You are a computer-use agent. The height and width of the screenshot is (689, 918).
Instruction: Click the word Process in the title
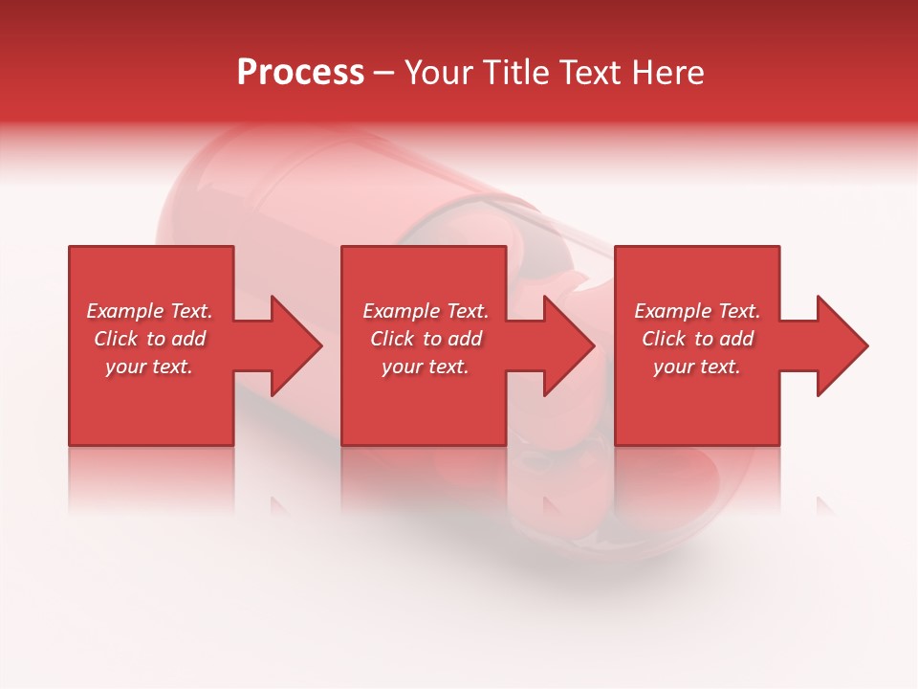pyautogui.click(x=300, y=73)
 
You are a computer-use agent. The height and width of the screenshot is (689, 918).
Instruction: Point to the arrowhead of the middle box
pyautogui.click(x=568, y=345)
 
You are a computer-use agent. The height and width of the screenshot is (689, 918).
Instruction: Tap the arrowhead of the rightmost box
pyautogui.click(x=841, y=345)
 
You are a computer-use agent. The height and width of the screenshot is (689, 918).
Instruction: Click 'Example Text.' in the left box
pyautogui.click(x=149, y=311)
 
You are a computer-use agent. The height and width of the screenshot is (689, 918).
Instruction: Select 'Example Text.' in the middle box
pyautogui.click(x=426, y=311)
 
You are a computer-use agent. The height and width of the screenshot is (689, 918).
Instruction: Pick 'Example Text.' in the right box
pyautogui.click(x=697, y=311)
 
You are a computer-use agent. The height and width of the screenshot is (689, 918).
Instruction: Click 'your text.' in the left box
pyautogui.click(x=149, y=367)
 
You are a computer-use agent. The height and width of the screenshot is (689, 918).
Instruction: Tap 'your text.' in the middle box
pyautogui.click(x=426, y=367)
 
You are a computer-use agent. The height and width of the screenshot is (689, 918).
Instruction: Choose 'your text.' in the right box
pyautogui.click(x=697, y=367)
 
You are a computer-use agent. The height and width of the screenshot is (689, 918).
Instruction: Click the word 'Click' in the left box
pyautogui.click(x=116, y=339)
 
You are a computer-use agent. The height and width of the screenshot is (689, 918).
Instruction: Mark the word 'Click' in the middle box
pyautogui.click(x=392, y=339)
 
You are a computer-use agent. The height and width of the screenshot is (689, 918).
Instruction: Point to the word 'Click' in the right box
pyautogui.click(x=664, y=339)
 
